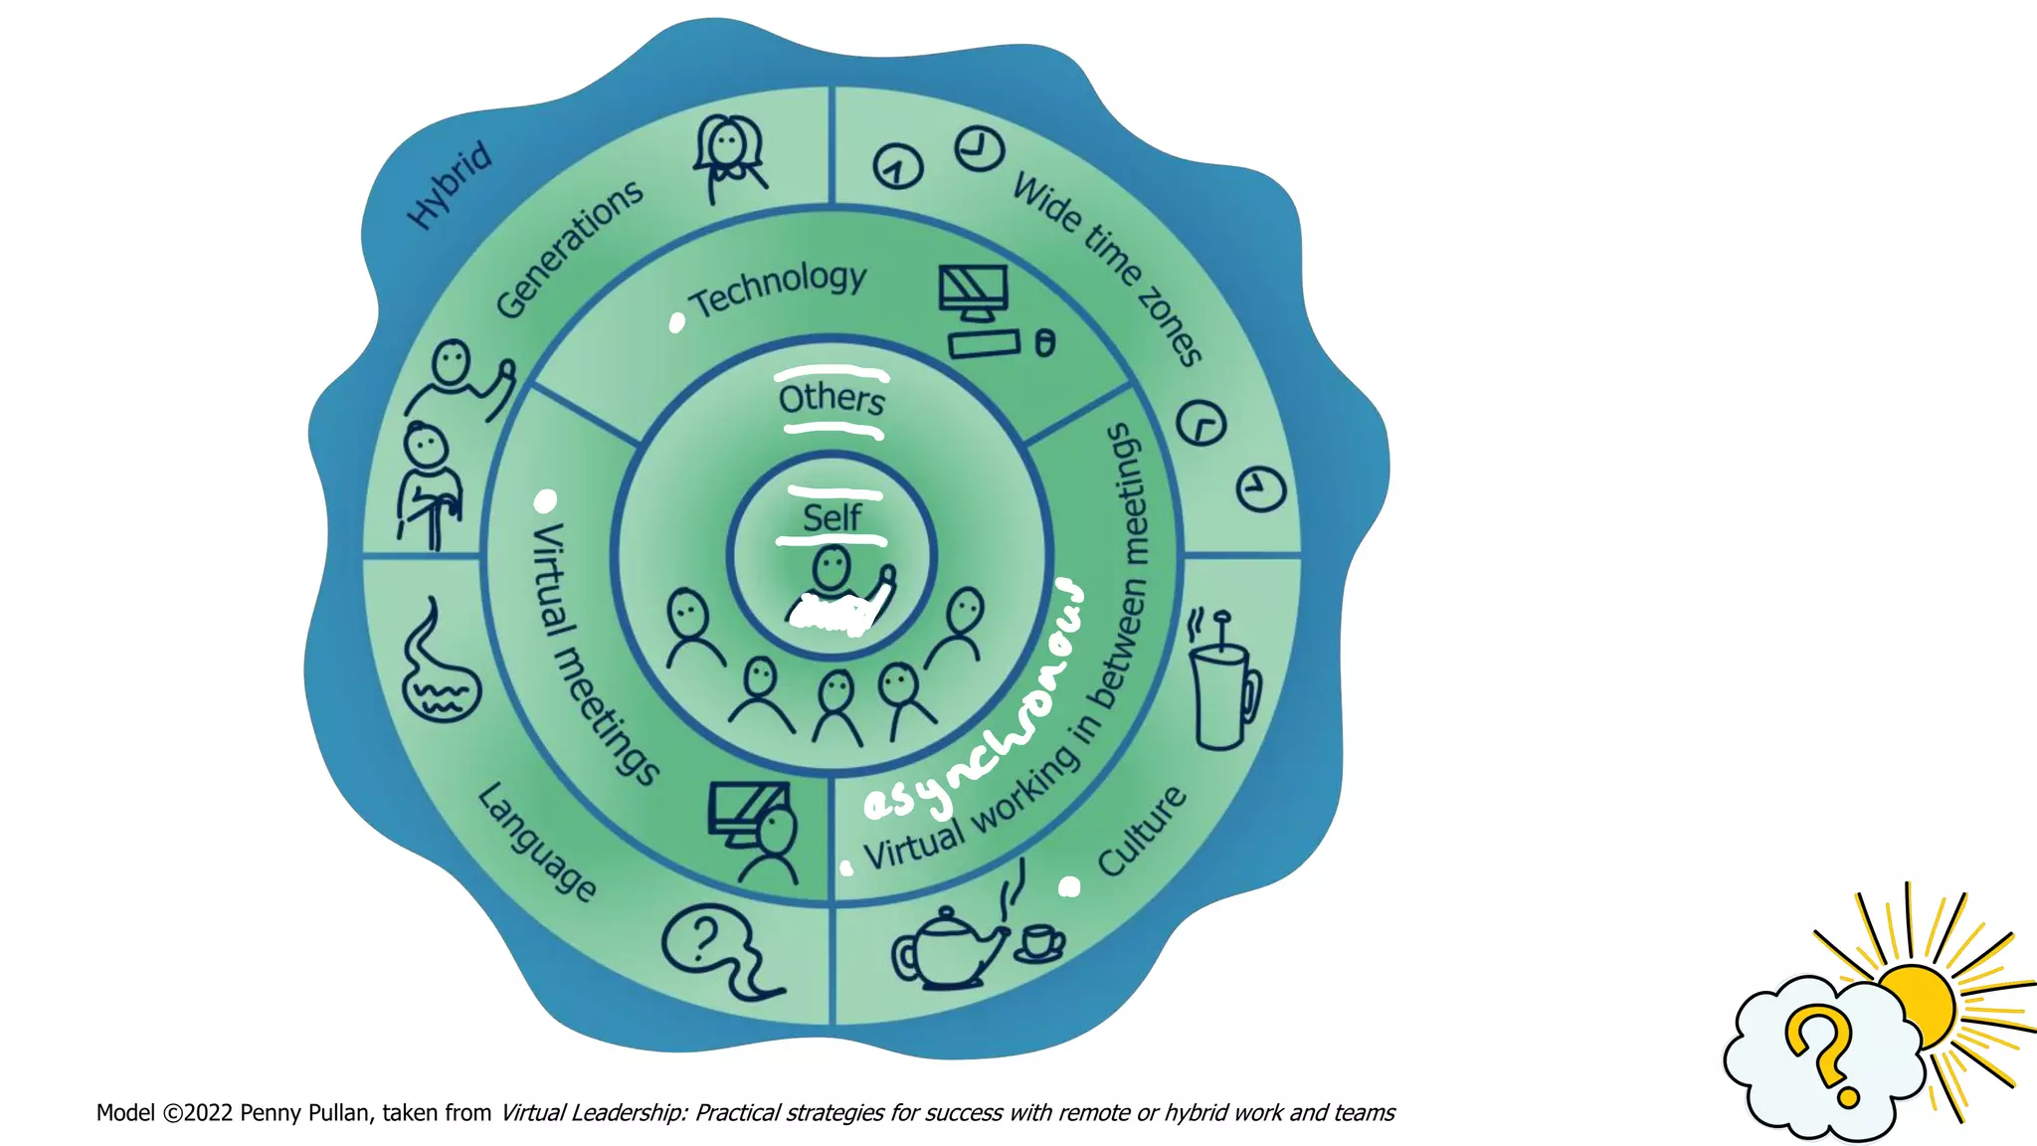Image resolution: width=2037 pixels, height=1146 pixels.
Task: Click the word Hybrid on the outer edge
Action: [451, 185]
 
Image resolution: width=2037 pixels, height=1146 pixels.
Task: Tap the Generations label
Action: [569, 250]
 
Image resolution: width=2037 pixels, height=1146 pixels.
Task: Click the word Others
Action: [832, 400]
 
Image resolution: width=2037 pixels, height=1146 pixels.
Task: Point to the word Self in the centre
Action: [832, 518]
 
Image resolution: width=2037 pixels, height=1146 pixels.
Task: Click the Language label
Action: [538, 842]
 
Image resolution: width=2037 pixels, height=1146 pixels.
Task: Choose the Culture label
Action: [1142, 832]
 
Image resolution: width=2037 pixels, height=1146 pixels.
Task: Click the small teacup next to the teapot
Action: [1040, 942]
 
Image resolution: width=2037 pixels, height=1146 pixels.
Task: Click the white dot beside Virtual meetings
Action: [545, 500]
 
